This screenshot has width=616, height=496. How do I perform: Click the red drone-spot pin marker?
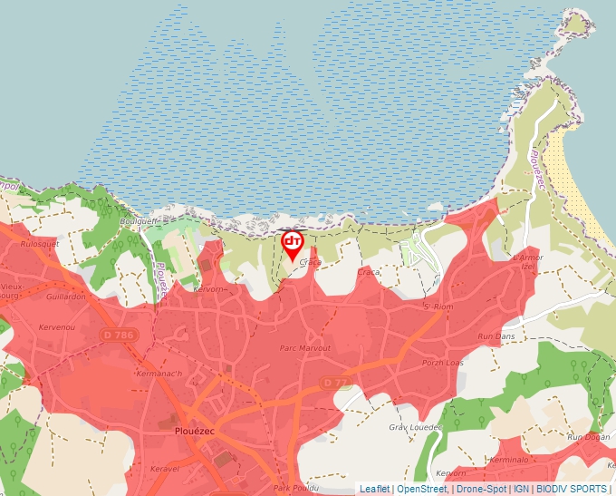tap(292, 242)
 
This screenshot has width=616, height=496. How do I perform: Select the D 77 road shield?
tap(334, 384)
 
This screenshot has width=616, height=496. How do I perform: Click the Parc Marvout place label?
tap(305, 348)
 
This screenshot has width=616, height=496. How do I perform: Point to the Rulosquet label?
tap(39, 243)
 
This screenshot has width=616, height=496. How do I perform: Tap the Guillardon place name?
tap(65, 297)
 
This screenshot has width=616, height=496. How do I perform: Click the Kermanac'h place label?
tap(159, 374)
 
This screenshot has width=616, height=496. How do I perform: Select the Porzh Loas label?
tap(442, 363)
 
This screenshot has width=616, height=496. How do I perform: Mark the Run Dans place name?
tap(496, 336)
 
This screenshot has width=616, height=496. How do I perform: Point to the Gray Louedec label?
tap(414, 426)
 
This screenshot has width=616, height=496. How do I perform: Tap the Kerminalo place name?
tap(507, 460)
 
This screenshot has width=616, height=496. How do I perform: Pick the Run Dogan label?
tap(588, 437)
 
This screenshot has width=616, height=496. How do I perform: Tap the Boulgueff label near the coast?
tap(139, 220)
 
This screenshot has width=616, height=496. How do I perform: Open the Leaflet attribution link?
tap(374, 489)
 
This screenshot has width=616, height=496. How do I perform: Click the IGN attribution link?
tap(521, 489)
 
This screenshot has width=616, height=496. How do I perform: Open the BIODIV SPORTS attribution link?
tap(572, 489)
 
